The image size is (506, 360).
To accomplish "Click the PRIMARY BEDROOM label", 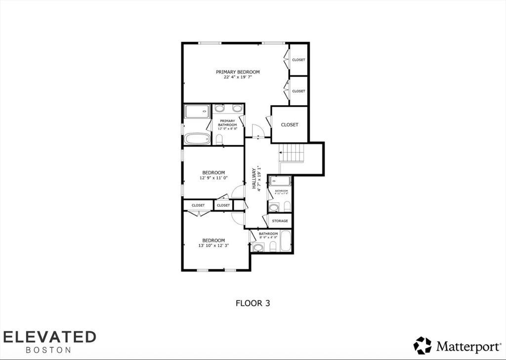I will pyautogui.click(x=238, y=72).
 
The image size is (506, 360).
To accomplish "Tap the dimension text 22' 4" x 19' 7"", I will pyautogui.click(x=238, y=77).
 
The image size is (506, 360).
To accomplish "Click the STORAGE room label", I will pyautogui.click(x=280, y=221).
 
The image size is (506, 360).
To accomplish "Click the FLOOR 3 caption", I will pyautogui.click(x=253, y=303).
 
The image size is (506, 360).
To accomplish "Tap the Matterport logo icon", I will pyautogui.click(x=422, y=345).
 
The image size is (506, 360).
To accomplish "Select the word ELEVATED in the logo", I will pyautogui.click(x=48, y=337).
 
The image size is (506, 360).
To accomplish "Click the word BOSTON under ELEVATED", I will pyautogui.click(x=48, y=350).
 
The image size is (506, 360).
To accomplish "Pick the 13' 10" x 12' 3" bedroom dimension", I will pyautogui.click(x=213, y=245).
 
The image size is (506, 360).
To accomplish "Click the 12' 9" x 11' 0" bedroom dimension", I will pyautogui.click(x=213, y=178).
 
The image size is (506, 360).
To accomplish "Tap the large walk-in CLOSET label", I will pyautogui.click(x=290, y=125).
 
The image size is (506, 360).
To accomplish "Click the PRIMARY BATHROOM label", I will pyautogui.click(x=227, y=123).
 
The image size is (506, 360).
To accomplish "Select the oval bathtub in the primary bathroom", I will pyautogui.click(x=197, y=138).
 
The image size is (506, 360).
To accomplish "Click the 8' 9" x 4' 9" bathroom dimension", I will pyautogui.click(x=268, y=237).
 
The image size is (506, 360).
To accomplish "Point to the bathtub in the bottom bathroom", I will pyautogui.click(x=286, y=241).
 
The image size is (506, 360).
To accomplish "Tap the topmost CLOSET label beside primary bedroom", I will pyautogui.click(x=298, y=60).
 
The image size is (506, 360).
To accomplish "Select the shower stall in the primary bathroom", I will pyautogui.click(x=197, y=111).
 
